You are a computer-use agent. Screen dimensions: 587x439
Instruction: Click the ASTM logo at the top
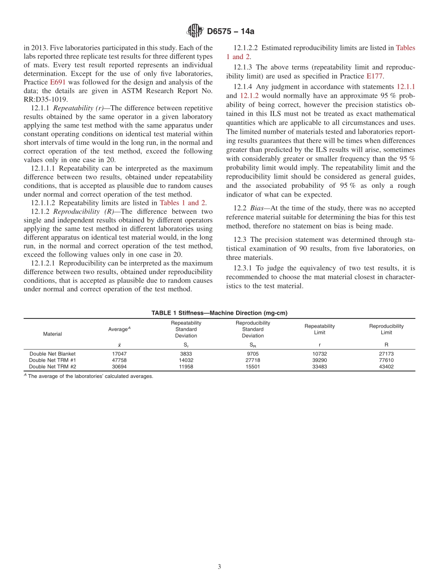click(195, 31)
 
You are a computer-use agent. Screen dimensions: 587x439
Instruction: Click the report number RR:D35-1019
click(45, 99)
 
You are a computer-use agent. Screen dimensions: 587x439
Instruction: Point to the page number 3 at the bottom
click(219, 567)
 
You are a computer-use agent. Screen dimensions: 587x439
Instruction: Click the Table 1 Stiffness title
click(219, 313)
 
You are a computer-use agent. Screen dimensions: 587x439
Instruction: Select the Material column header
click(52, 334)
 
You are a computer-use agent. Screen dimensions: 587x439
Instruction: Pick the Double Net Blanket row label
click(52, 354)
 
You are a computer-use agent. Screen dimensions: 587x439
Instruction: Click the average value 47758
click(120, 360)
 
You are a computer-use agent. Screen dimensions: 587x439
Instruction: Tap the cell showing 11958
click(186, 367)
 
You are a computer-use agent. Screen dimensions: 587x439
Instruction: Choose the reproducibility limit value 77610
click(386, 360)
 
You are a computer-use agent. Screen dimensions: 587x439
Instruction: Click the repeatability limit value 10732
click(320, 354)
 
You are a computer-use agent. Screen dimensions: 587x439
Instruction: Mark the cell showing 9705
click(253, 354)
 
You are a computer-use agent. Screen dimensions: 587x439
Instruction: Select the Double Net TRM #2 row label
click(52, 367)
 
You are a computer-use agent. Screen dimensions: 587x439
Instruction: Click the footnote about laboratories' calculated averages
click(90, 376)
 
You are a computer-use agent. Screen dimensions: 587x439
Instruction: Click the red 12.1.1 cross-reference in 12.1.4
click(406, 87)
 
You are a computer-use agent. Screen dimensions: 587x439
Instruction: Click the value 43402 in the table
click(386, 367)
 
